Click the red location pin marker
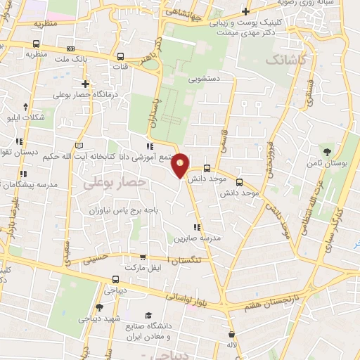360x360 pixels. coord(181,165)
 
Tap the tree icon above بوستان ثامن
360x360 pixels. coord(326,150)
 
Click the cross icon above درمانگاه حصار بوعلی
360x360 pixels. coord(85,84)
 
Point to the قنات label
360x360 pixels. coord(121,67)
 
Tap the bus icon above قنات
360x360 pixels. coord(121,57)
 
